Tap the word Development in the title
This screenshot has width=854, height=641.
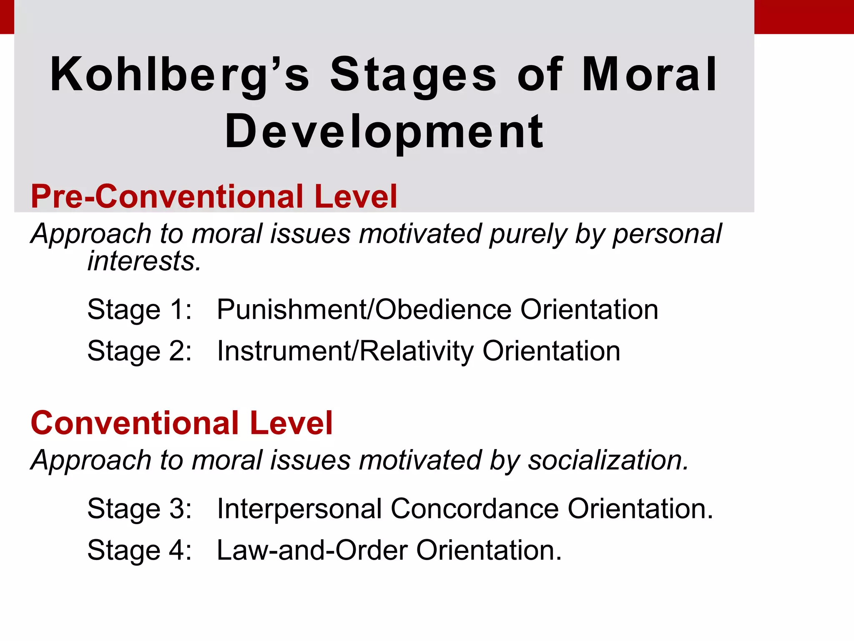[384, 132]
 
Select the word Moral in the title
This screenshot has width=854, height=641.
[649, 75]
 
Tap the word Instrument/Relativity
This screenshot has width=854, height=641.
[345, 351]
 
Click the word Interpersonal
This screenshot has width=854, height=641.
[299, 509]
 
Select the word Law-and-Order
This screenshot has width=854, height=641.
[312, 550]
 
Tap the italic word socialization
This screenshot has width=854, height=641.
[608, 460]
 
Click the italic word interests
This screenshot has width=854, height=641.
[144, 261]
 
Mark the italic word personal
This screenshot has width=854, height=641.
[667, 234]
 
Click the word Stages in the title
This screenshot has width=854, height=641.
[413, 75]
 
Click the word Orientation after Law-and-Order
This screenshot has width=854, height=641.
[489, 550]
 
